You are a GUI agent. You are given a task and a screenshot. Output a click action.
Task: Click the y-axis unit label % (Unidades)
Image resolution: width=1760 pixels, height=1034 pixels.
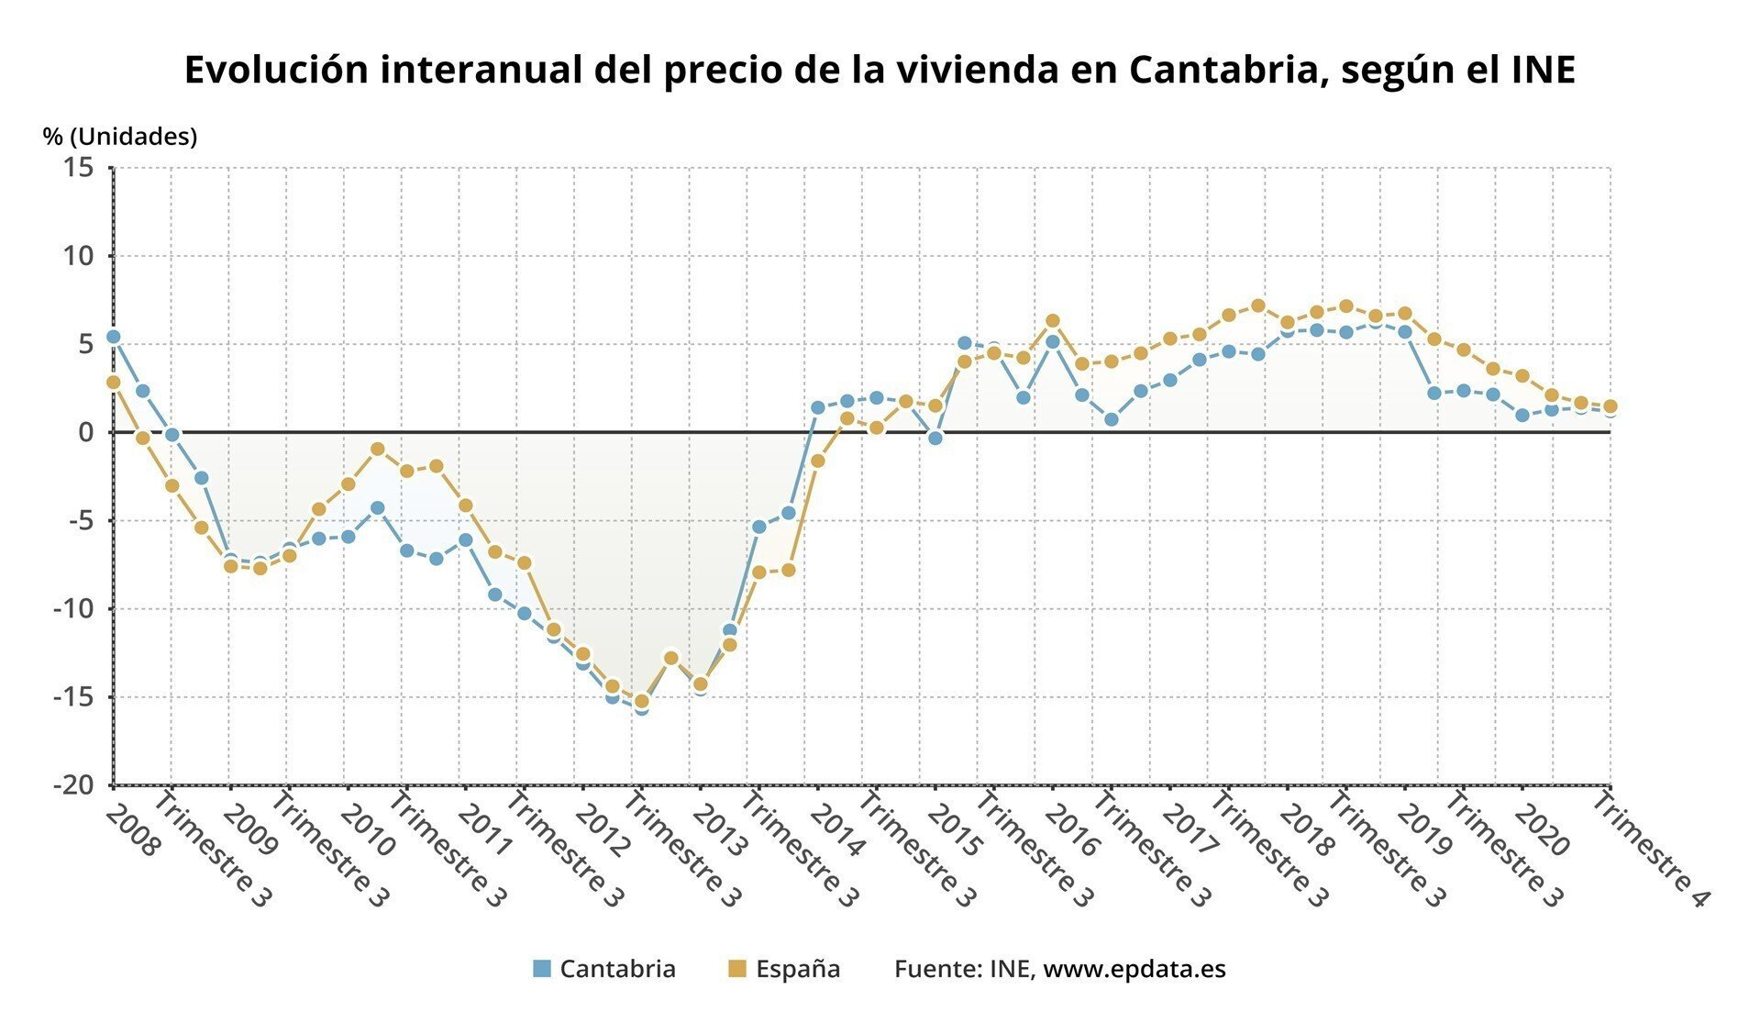pyautogui.click(x=120, y=137)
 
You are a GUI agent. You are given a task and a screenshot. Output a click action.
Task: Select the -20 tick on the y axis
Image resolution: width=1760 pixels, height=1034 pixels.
pyautogui.click(x=74, y=785)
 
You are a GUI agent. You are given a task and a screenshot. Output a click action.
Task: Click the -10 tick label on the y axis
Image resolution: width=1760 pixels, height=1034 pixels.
pyautogui.click(x=74, y=609)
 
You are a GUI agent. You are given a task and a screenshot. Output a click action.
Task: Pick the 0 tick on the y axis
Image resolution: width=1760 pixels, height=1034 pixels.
pyautogui.click(x=87, y=432)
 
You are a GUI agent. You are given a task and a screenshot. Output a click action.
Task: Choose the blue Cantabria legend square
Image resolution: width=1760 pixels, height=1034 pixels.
pyautogui.click(x=542, y=969)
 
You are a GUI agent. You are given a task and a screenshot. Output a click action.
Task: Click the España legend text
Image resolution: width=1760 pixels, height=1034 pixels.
pyautogui.click(x=798, y=969)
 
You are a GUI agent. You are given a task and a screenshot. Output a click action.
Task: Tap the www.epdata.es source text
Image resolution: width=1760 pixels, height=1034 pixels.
pyautogui.click(x=1135, y=969)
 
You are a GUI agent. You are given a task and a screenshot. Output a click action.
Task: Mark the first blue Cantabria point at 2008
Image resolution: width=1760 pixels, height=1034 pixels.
pyautogui.click(x=114, y=337)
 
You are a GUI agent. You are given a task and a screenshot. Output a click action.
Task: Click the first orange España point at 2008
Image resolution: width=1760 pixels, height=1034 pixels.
pyautogui.click(x=114, y=383)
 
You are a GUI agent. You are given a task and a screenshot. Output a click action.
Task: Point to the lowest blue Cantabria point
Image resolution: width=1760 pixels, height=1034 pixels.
pyautogui.click(x=641, y=708)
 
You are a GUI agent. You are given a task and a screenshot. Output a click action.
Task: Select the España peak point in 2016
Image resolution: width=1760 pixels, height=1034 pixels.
pyautogui.click(x=1053, y=321)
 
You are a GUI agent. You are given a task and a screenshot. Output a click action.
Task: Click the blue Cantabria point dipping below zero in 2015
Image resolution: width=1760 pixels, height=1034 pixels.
pyautogui.click(x=935, y=439)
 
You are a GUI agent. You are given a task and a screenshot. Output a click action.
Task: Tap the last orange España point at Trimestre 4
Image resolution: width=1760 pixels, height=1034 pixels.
pyautogui.click(x=1610, y=406)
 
